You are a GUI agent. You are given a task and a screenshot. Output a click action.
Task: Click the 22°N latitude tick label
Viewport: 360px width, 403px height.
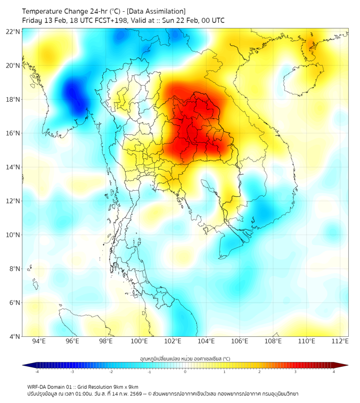13,31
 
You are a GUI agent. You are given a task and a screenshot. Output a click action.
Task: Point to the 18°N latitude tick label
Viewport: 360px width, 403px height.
13,99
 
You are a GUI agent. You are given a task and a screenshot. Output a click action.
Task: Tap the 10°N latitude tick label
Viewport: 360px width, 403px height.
13,235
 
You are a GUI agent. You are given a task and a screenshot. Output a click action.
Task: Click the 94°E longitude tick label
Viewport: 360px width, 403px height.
39,341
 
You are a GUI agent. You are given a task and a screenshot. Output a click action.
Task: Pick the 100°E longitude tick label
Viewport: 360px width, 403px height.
139,341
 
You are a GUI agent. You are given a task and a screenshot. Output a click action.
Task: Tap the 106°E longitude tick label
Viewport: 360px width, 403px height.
240,341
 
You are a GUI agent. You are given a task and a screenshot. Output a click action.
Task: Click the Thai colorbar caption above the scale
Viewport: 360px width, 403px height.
185,358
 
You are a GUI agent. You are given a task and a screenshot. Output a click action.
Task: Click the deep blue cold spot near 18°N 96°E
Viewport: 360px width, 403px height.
72,93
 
